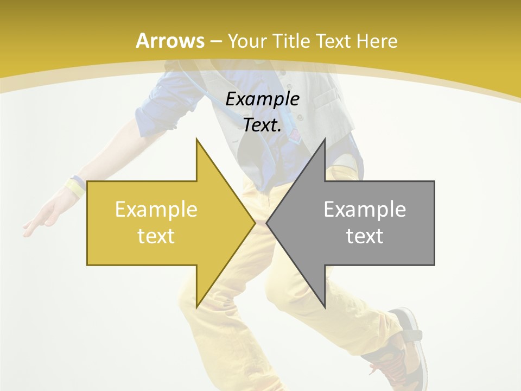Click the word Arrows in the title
[x=170, y=40]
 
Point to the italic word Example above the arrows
[x=262, y=99]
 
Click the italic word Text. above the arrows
[x=262, y=125]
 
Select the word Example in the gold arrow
[x=156, y=210]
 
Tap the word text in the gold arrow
[x=156, y=236]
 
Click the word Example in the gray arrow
[x=365, y=210]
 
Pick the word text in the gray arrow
[x=365, y=236]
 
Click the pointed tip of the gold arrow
[x=254, y=223]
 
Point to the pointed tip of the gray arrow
[x=268, y=223]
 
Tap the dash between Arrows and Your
[x=216, y=41]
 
